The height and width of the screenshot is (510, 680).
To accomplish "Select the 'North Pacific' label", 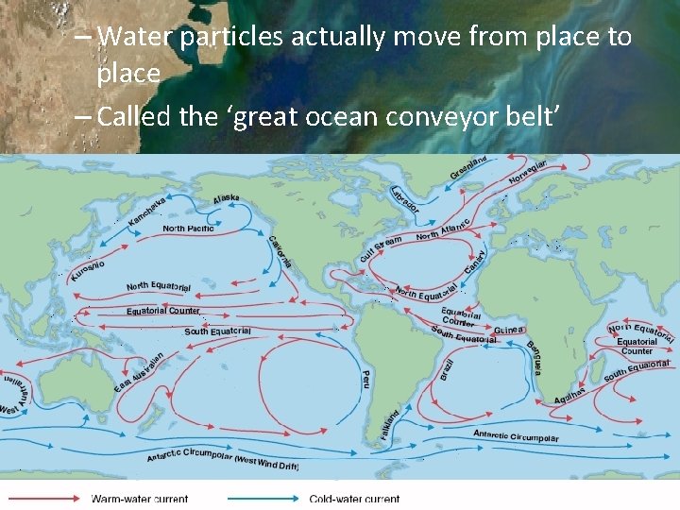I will coord(188,229).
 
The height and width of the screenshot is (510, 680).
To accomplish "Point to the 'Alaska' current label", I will coord(226,198).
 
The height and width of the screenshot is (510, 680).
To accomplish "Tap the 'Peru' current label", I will coord(365,379).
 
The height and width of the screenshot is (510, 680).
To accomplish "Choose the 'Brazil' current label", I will coord(448,369).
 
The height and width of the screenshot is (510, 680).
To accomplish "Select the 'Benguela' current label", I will coord(534,356).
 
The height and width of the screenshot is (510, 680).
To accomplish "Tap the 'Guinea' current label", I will coord(509,330).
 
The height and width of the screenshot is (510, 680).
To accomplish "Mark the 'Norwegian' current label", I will coord(528,174).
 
